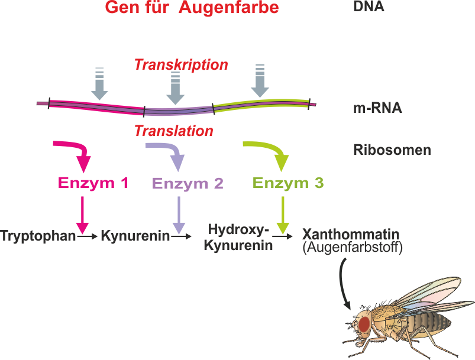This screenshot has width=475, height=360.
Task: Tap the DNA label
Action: [369, 7]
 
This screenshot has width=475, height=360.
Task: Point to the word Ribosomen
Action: [392, 150]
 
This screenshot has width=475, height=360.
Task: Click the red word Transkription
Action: [181, 64]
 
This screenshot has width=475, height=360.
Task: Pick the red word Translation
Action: [173, 131]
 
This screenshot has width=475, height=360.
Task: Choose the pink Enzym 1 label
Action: [93, 183]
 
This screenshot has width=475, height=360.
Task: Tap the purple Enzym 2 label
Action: [188, 183]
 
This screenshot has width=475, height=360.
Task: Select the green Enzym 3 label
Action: [288, 183]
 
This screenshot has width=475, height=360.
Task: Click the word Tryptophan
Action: [38, 236]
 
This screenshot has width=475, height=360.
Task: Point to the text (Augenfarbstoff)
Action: [352, 248]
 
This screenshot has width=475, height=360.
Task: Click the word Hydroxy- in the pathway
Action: [238, 229]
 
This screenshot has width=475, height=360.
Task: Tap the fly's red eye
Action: [364, 323]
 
